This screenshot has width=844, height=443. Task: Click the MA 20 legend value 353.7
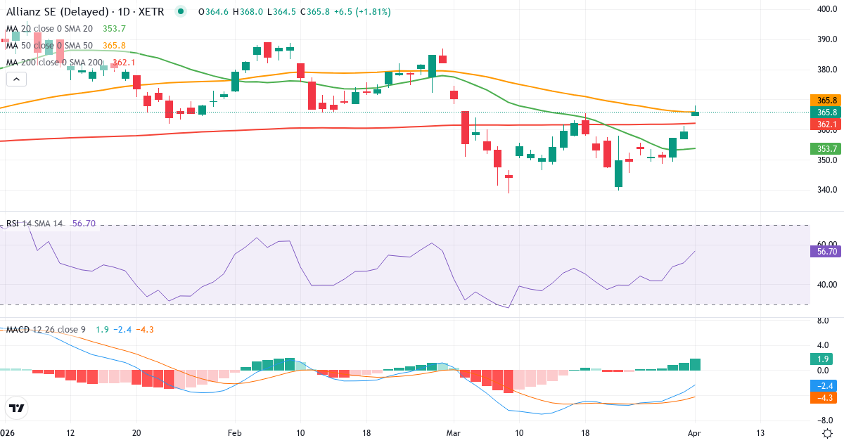114,28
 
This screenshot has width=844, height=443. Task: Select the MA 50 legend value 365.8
114,45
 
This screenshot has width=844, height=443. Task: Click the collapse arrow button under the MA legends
16,79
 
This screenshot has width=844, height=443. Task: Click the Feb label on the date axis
235,432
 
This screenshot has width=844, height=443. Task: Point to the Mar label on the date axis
454,432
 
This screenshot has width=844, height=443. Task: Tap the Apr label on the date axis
695,432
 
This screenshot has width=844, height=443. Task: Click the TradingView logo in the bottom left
17,408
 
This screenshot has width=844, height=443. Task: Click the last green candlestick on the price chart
695,112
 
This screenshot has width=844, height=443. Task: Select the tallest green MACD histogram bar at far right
695,364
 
